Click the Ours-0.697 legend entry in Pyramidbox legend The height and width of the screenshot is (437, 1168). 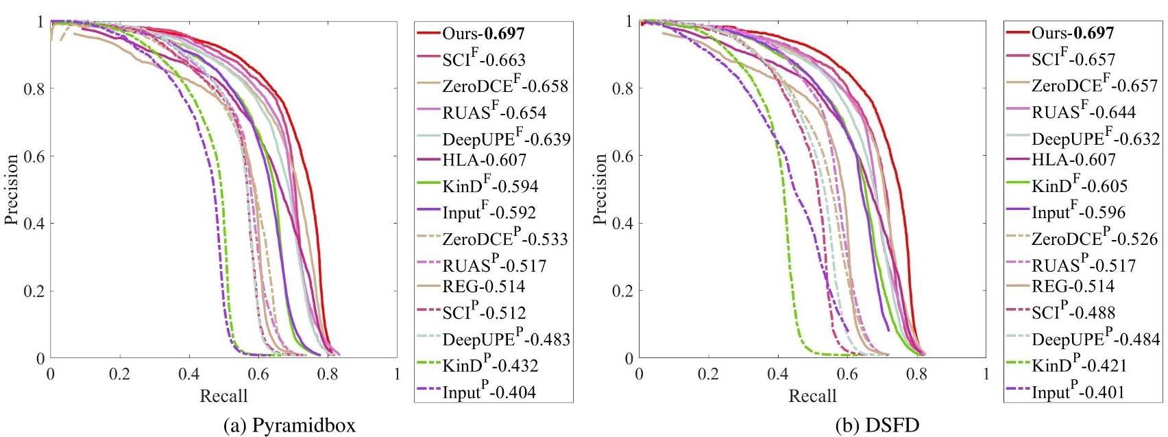(x=483, y=33)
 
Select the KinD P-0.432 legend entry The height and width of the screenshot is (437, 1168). (x=489, y=366)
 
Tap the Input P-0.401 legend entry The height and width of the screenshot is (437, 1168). (x=1078, y=392)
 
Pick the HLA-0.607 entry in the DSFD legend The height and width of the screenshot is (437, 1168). (x=1073, y=160)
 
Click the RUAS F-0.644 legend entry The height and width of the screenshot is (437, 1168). (x=1084, y=113)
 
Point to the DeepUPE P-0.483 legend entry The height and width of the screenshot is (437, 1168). (x=506, y=340)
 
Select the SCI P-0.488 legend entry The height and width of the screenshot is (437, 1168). (x=1073, y=313)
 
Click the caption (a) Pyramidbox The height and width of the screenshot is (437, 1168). (x=290, y=425)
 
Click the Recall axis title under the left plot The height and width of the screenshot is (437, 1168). (x=223, y=396)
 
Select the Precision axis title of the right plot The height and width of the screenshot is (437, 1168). (x=600, y=189)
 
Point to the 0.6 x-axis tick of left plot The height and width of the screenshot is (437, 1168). (x=258, y=375)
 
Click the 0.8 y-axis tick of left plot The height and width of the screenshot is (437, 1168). (x=34, y=88)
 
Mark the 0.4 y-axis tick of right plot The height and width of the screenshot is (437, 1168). (x=623, y=223)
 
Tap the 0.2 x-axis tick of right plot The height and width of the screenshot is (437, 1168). (x=708, y=375)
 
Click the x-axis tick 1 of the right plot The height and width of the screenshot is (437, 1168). (x=986, y=375)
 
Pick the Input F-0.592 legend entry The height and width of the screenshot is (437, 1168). (x=489, y=213)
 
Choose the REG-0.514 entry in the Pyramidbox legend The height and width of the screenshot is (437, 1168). (x=483, y=287)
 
